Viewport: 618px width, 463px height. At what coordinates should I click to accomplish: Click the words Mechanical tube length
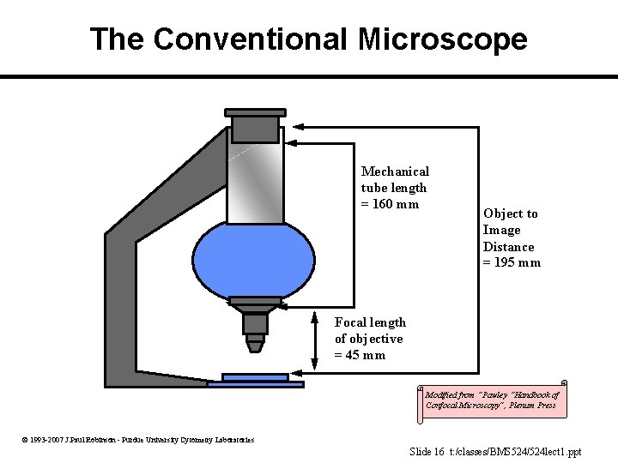coord(394,180)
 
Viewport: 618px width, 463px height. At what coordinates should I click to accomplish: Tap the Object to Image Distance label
coord(511,238)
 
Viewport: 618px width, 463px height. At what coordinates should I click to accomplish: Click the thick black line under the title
coord(309,76)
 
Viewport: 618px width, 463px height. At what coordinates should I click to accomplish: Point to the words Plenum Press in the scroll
coord(533,406)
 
